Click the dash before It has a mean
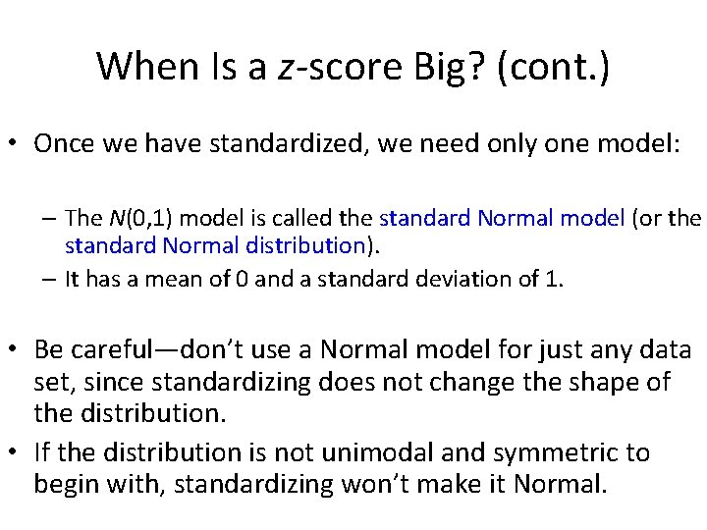click(x=50, y=279)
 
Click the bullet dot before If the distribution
click(x=18, y=452)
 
